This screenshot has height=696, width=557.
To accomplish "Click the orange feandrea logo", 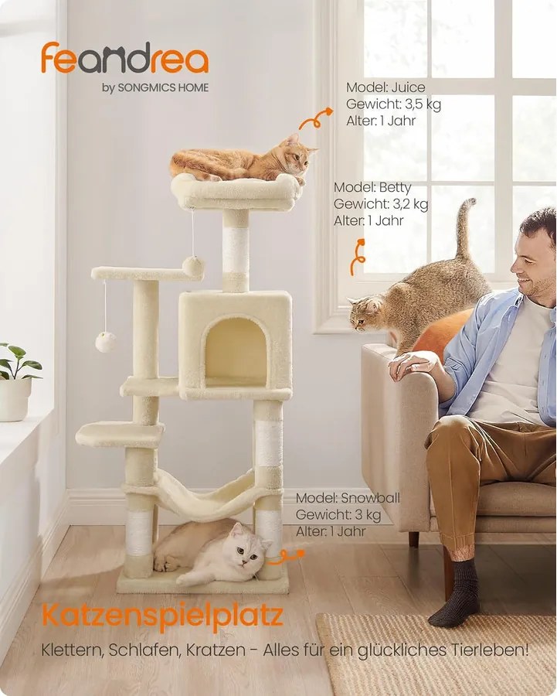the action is click(x=124, y=58).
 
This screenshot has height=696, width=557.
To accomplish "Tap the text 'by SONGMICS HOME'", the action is click(x=155, y=87).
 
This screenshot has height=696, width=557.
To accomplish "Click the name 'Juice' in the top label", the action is click(x=408, y=87).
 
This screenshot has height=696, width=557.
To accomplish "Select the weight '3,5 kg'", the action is click(x=423, y=104).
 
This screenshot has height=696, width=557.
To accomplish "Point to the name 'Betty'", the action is click(x=395, y=187).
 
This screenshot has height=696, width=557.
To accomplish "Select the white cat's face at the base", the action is click(x=246, y=550).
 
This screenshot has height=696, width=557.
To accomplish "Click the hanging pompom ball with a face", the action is click(x=106, y=342).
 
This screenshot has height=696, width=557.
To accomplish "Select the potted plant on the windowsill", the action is click(x=16, y=382).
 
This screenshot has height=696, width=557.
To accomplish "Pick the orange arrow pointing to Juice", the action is click(x=315, y=118).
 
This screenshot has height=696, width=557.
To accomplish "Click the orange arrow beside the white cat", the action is click(x=287, y=556).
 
